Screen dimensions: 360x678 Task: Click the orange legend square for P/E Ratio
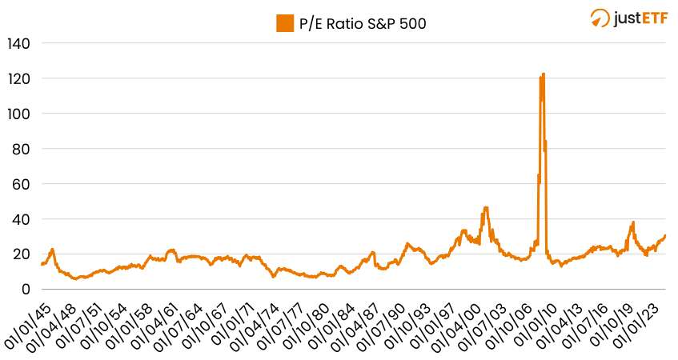pyautogui.click(x=285, y=23)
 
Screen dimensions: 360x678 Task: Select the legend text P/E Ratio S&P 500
pyautogui.click(x=363, y=23)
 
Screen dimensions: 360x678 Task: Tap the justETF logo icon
pyautogui.click(x=600, y=18)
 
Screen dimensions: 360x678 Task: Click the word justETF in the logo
pyautogui.click(x=640, y=18)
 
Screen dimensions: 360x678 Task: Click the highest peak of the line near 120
pyautogui.click(x=544, y=74)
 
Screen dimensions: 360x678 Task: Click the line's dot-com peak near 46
pyautogui.click(x=485, y=208)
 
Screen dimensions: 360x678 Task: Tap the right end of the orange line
pyautogui.click(x=665, y=235)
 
